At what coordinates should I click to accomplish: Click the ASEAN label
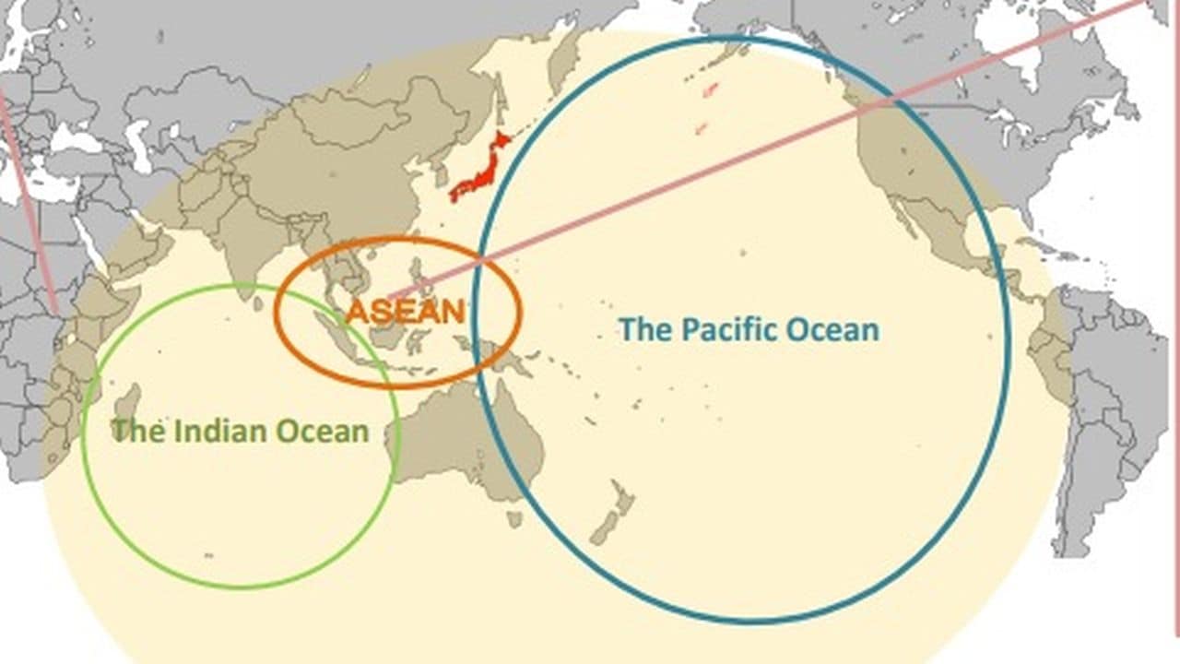pos(405,311)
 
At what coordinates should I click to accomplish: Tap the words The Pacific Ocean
pos(748,329)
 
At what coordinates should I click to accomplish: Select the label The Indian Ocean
pos(240,431)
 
